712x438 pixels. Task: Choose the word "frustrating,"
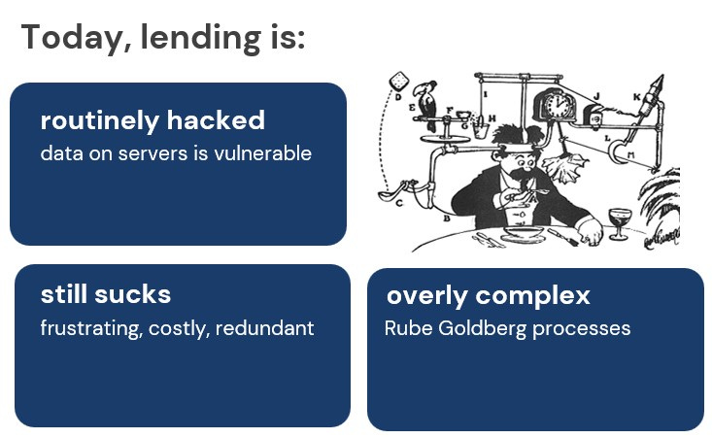coord(91,328)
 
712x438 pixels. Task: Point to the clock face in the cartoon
coord(558,105)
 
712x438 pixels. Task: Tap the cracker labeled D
coord(397,82)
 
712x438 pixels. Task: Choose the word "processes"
coord(582,328)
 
